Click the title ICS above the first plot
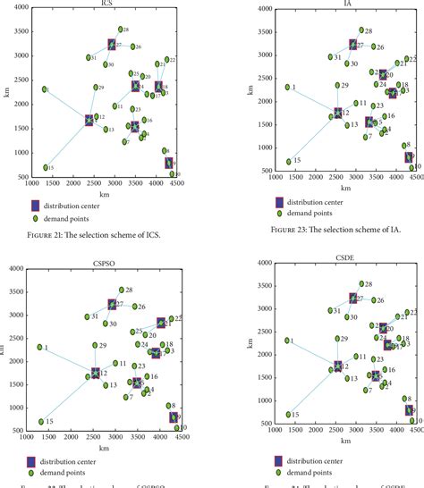(x=108, y=4)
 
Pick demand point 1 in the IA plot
(x=288, y=87)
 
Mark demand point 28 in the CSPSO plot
(x=120, y=290)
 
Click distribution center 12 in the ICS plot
(x=89, y=120)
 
